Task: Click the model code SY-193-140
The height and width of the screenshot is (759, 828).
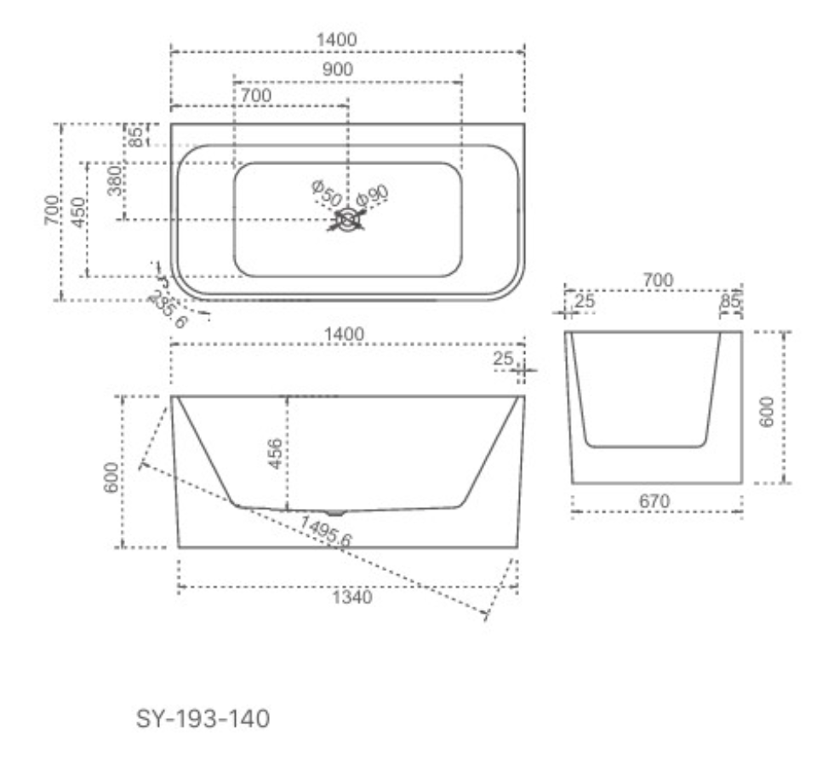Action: click(x=203, y=718)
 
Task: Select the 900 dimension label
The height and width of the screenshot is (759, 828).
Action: click(x=338, y=69)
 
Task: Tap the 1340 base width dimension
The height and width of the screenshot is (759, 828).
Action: click(x=352, y=597)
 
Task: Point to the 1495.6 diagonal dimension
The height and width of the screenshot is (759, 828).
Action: click(x=326, y=531)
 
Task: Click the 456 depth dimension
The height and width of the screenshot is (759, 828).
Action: click(x=275, y=454)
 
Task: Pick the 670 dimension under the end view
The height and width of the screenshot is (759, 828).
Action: click(x=654, y=500)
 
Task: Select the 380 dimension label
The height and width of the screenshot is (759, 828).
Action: click(x=115, y=180)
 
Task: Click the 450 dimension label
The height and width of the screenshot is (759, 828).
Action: click(x=77, y=213)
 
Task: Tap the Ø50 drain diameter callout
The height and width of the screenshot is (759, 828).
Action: click(x=326, y=193)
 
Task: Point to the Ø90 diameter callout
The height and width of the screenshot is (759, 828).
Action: click(x=372, y=196)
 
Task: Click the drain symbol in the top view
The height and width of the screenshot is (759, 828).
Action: click(x=347, y=220)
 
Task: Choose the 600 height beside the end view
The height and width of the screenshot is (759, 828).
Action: click(x=766, y=412)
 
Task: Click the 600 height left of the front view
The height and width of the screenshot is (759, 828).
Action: click(x=111, y=477)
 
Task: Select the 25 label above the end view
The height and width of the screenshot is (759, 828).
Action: click(x=585, y=301)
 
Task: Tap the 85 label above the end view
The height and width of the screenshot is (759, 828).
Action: click(x=730, y=301)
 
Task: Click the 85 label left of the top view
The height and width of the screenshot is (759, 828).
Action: click(x=136, y=137)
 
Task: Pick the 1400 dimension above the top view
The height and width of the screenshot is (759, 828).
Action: click(x=336, y=40)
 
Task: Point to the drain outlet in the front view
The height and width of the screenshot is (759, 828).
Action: click(x=335, y=511)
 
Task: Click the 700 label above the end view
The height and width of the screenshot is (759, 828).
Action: click(x=658, y=279)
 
